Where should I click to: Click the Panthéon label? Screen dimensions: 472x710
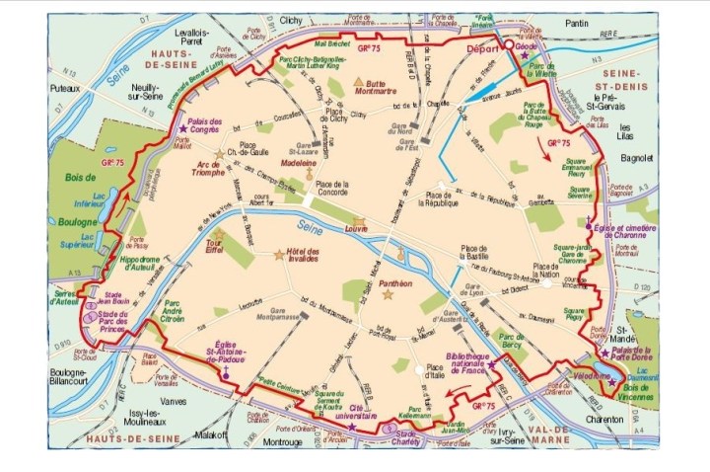394,282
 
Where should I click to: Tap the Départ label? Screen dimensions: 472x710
482,45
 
